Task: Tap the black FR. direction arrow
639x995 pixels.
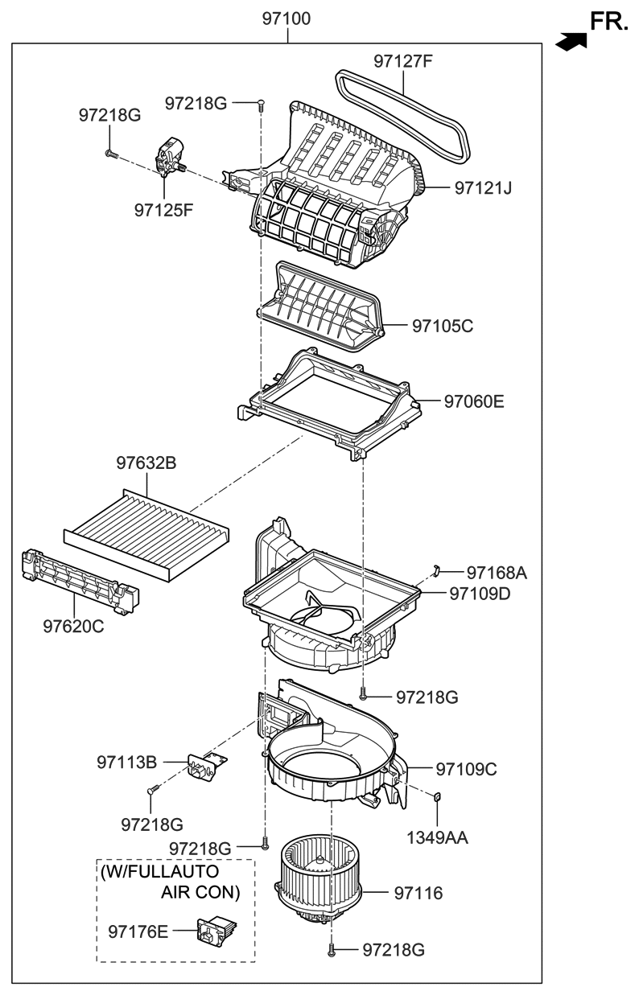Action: (x=571, y=41)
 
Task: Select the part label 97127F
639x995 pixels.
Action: (x=402, y=61)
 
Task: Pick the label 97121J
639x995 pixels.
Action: (x=483, y=188)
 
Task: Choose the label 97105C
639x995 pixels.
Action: (x=443, y=326)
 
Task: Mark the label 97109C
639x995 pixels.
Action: (x=466, y=769)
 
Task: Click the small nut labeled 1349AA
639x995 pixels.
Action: (x=437, y=797)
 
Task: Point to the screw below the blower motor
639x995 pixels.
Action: (x=332, y=952)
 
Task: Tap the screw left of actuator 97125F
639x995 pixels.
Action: (x=110, y=152)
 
